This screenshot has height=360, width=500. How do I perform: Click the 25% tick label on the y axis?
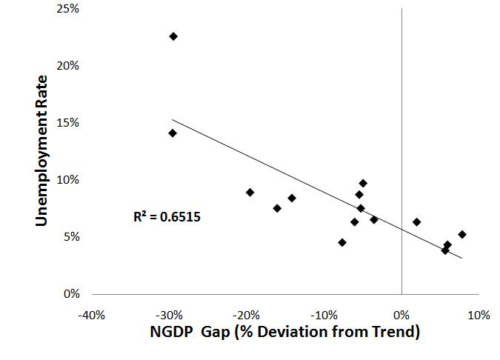coord(69,8)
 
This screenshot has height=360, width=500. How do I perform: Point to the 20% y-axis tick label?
coord(69,65)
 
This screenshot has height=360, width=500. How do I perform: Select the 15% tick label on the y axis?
coord(69,122)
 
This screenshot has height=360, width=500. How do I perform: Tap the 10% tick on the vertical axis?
coord(69,180)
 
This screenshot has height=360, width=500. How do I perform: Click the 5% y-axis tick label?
coord(72,237)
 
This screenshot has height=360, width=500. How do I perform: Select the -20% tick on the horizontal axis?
coord(247,315)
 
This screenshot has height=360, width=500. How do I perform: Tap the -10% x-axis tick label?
coord(324,315)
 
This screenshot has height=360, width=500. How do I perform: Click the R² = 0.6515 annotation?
coord(167,218)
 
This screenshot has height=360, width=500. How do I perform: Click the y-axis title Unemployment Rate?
coord(42,151)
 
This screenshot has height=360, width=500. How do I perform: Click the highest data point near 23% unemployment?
coord(173,36)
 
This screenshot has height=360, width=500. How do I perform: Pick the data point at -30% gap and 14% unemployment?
coord(173,133)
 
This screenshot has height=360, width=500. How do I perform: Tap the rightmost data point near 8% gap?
coord(462,234)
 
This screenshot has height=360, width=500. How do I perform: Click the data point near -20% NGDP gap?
coord(250,193)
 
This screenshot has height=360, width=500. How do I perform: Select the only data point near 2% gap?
coord(417,222)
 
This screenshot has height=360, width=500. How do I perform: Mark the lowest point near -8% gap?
coord(342,242)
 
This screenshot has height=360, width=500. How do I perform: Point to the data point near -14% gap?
coord(292,198)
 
